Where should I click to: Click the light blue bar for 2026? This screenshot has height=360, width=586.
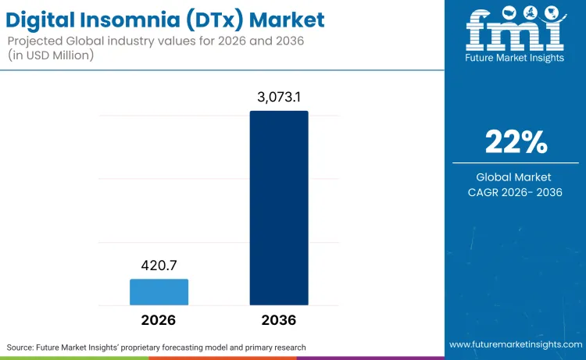(159, 291)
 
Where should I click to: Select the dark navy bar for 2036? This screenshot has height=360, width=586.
(279, 208)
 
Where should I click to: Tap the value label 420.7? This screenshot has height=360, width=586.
(159, 265)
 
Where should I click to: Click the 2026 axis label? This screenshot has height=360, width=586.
(159, 320)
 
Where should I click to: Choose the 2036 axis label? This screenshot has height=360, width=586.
(279, 320)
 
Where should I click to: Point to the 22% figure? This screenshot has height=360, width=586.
(516, 142)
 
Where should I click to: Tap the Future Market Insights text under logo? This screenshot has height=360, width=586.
(515, 59)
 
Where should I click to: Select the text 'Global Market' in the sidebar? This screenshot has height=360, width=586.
(516, 177)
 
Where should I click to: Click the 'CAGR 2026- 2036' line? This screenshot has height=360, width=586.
(516, 192)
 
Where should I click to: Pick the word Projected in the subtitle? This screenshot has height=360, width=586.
(35, 40)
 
